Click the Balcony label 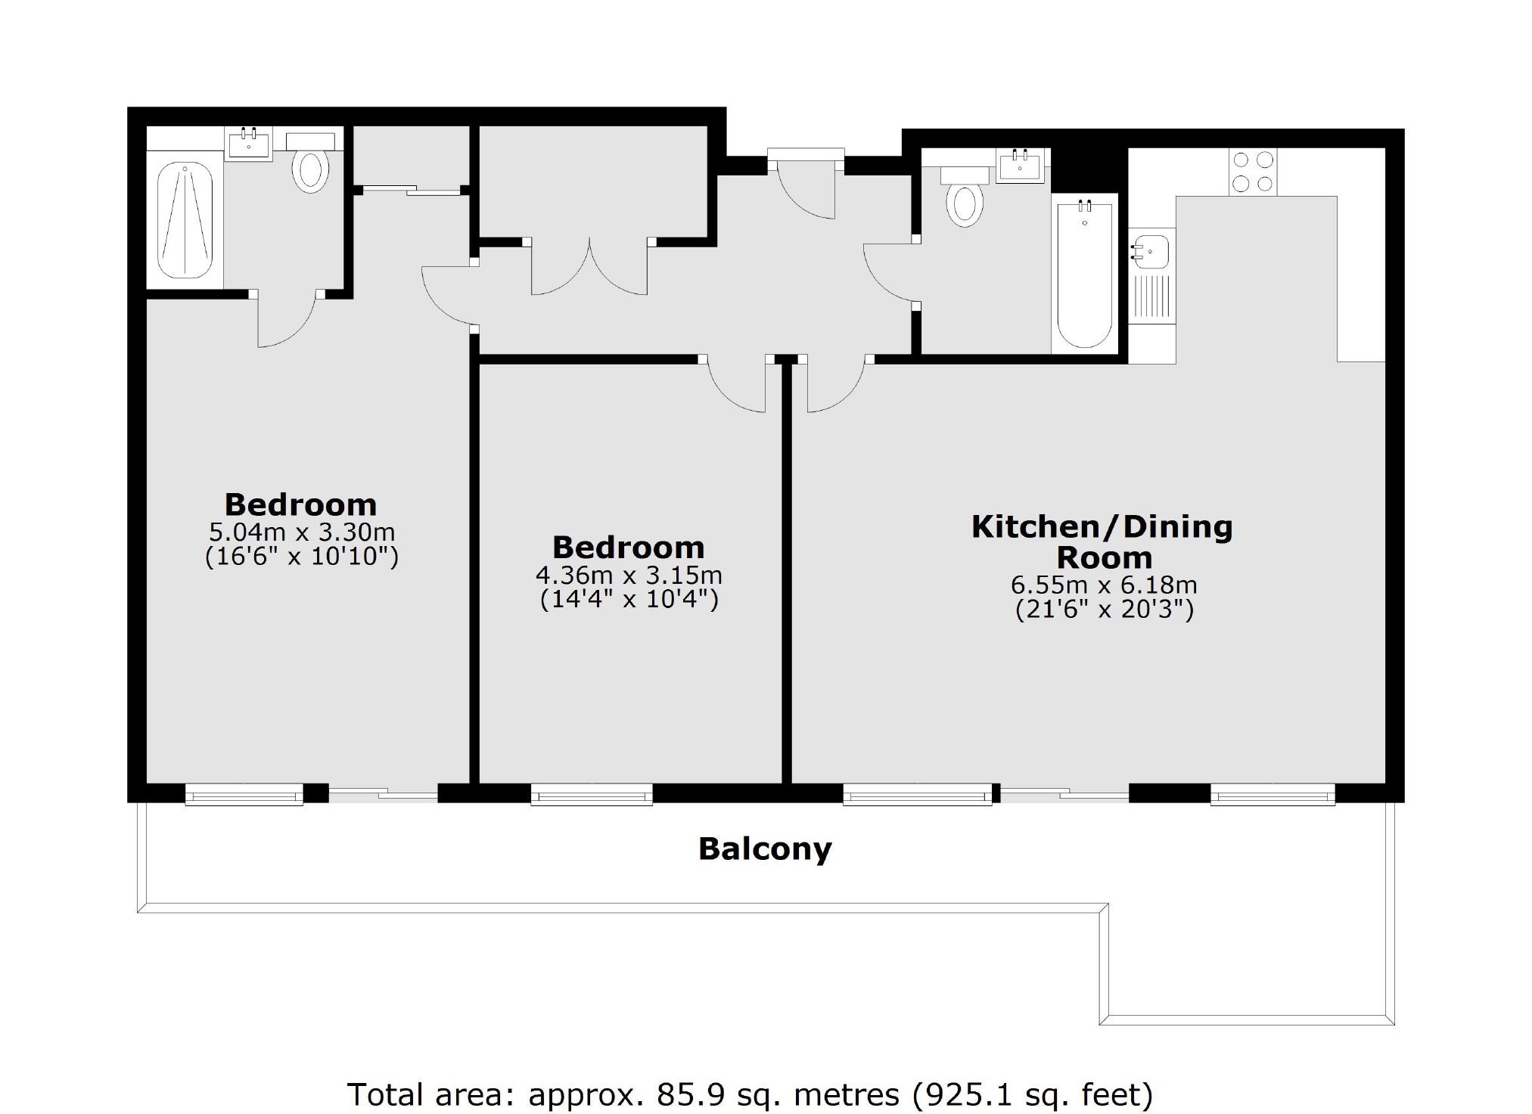tap(764, 849)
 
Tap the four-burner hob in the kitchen tap(1253, 172)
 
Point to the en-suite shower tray tap(185, 220)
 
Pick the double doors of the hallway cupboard tap(589, 268)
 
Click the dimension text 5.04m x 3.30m tap(301, 532)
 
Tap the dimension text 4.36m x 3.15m tap(629, 576)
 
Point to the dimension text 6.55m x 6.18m tap(1104, 585)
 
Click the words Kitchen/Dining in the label tap(1102, 527)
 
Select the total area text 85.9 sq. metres tap(778, 1094)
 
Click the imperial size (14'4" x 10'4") tap(629, 600)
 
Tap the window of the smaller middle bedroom tap(591, 794)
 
